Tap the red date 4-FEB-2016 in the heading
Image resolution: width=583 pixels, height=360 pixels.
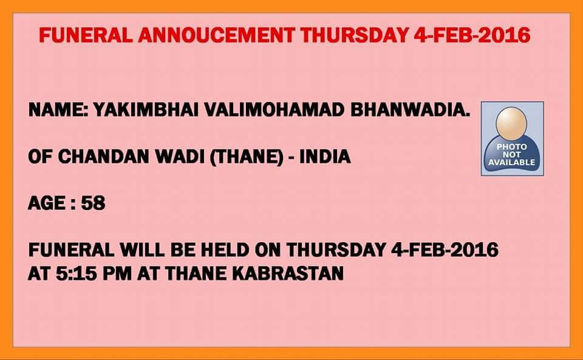pos(472,35)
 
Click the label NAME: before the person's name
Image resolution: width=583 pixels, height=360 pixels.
pos(58,110)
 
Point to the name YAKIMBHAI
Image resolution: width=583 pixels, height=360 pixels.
pos(146,110)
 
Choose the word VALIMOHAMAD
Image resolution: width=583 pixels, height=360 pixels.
pos(274,110)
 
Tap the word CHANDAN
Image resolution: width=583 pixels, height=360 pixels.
pos(104,157)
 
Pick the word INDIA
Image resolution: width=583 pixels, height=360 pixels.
pos(325,157)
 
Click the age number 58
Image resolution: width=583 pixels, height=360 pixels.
pos(94,203)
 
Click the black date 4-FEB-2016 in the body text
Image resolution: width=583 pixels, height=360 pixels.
pos(445,250)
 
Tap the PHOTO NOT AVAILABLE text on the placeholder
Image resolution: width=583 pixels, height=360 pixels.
pos(511,155)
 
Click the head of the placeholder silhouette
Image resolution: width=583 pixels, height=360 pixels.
pos(511,123)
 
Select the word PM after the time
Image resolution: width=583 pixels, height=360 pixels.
pos(117,273)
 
